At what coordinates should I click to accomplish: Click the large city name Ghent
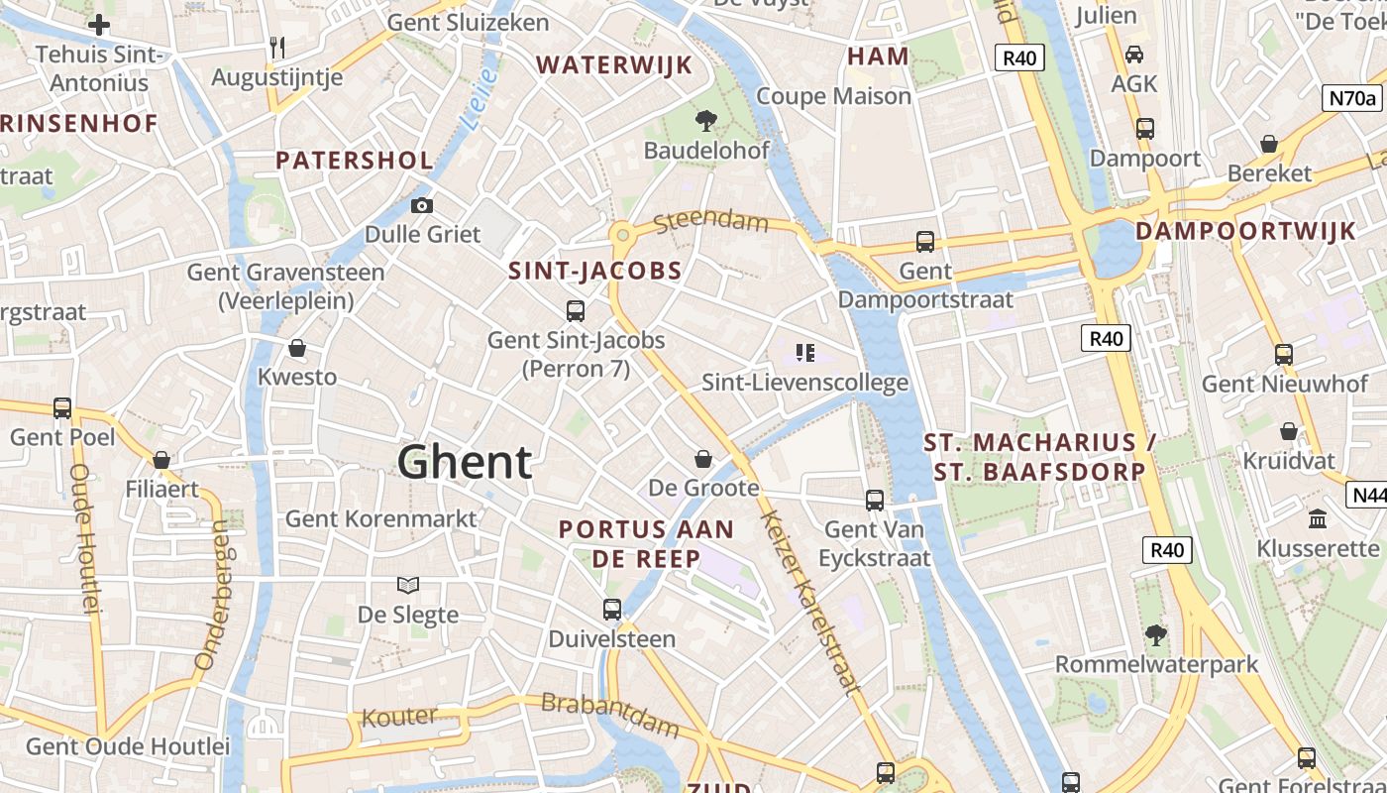point(465,463)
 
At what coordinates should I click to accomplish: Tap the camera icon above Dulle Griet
point(422,206)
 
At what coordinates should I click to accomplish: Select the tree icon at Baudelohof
point(705,122)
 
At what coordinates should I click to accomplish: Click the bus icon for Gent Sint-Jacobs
point(576,311)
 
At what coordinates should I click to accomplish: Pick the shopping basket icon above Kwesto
point(296,349)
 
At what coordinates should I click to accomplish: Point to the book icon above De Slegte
point(408,585)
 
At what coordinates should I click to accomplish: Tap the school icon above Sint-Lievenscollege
point(804,353)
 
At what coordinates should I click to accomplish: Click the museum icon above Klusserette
point(1318,518)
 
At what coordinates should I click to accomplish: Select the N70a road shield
point(1352,98)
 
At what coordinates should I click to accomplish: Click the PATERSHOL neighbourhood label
point(355,161)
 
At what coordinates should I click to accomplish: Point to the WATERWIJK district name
point(614,65)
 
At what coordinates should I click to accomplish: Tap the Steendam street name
point(711,220)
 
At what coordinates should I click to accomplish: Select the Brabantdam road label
point(610,714)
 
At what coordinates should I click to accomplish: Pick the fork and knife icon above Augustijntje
point(277,47)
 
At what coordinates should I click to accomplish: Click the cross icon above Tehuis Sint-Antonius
point(99,25)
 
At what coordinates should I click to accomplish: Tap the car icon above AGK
point(1134,54)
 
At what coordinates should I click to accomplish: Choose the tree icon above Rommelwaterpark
point(1155,634)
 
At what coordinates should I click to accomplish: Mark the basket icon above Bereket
point(1269,145)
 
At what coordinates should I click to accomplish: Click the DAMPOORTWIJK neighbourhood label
point(1245,232)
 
